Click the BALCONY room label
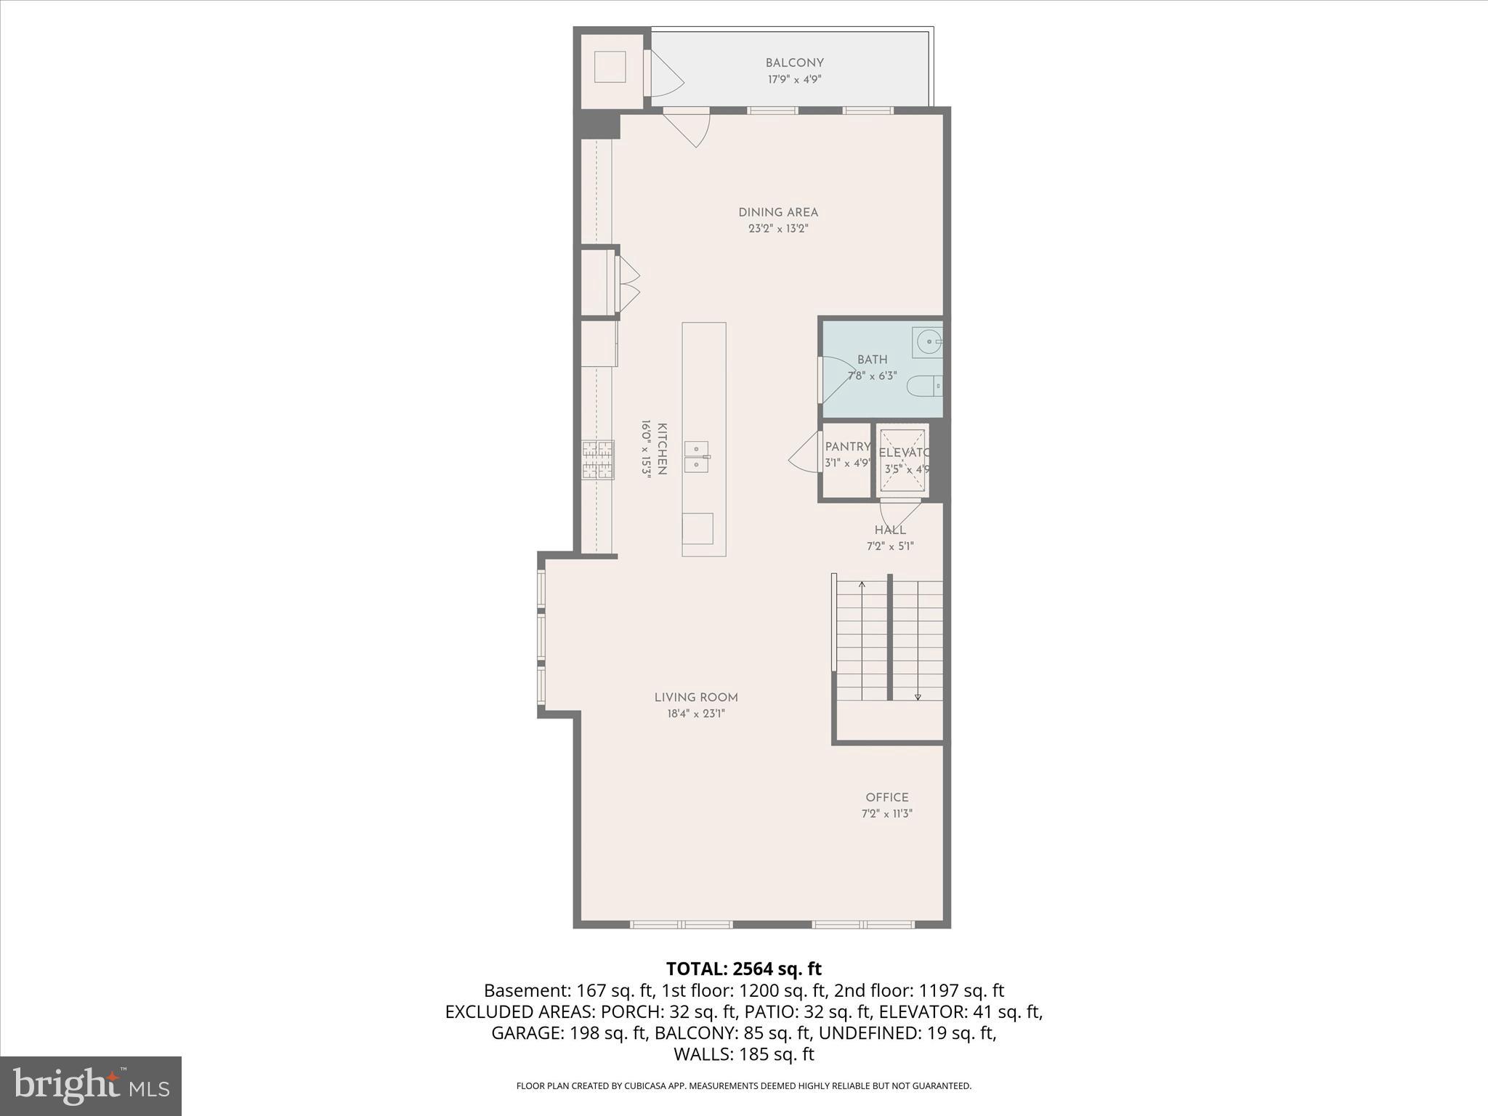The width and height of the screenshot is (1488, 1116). pyautogui.click(x=794, y=63)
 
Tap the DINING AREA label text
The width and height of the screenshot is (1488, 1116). pyautogui.click(x=778, y=213)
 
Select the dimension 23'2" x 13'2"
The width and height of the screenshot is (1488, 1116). pyautogui.click(x=778, y=229)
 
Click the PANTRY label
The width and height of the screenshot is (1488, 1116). pyautogui.click(x=847, y=447)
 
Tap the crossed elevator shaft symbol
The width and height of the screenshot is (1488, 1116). pyautogui.click(x=903, y=461)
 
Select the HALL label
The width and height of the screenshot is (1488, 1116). pyautogui.click(x=889, y=530)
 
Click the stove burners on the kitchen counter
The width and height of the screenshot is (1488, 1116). pyautogui.click(x=597, y=460)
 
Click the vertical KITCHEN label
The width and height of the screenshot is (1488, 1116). pyautogui.click(x=662, y=448)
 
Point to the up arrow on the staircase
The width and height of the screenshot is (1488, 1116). pyautogui.click(x=862, y=584)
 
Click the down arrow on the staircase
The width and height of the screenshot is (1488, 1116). pyautogui.click(x=918, y=696)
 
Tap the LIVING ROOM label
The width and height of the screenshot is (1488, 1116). pyautogui.click(x=696, y=697)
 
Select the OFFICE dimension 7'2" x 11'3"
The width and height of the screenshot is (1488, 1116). pyautogui.click(x=886, y=814)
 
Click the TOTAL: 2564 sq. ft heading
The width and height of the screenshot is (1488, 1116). pyautogui.click(x=743, y=969)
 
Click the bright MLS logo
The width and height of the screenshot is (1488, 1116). pyautogui.click(x=91, y=1085)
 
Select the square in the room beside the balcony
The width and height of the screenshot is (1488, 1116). pyautogui.click(x=610, y=67)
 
